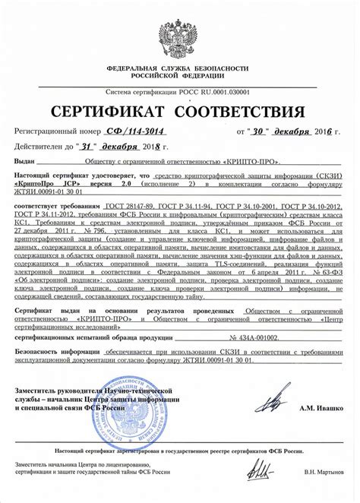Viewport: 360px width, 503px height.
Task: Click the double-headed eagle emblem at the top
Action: click(x=179, y=32)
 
